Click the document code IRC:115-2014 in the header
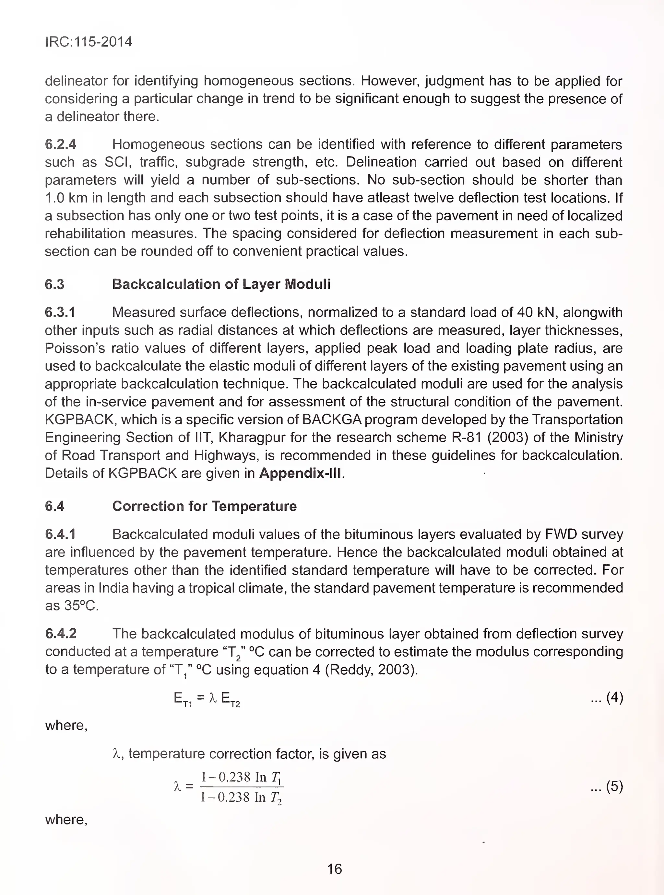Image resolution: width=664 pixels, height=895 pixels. click(89, 42)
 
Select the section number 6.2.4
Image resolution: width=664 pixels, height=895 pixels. click(60, 144)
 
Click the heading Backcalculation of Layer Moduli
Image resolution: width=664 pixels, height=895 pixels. click(221, 284)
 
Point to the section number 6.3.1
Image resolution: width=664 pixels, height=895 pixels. click(60, 312)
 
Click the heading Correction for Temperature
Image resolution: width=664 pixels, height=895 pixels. click(204, 506)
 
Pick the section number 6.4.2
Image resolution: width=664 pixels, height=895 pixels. click(61, 634)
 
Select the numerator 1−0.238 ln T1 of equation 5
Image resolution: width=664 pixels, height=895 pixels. click(241, 777)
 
